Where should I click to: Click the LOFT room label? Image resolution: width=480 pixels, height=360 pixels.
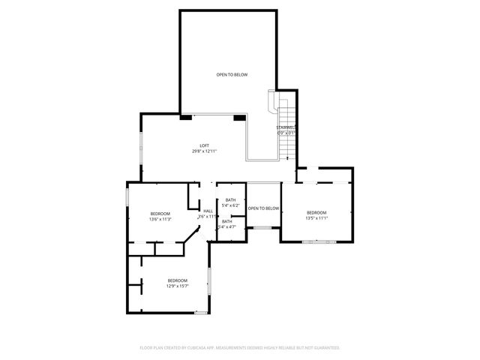point(204,145)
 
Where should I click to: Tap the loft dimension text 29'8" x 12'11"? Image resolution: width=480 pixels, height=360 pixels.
point(204,151)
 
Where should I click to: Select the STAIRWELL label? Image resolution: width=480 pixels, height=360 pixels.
point(286,127)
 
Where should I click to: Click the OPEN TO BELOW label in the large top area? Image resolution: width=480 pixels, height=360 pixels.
point(232,75)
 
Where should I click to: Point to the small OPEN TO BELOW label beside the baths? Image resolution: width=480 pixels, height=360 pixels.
point(263,208)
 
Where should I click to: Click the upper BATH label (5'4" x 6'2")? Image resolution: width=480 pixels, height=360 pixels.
point(230,199)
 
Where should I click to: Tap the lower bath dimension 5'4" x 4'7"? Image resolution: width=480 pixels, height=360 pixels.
point(227,226)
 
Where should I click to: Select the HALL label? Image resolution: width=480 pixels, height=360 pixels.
point(208,211)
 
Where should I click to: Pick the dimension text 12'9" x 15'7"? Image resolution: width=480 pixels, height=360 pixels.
point(177,286)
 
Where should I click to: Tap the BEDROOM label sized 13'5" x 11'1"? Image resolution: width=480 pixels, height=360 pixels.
point(316,213)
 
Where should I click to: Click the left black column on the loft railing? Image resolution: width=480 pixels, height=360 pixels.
point(185,117)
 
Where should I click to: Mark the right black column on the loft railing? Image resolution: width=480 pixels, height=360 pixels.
point(239,117)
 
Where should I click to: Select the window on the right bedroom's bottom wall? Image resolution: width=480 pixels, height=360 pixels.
point(319,241)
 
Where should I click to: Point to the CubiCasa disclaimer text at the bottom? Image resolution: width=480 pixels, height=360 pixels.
point(240,348)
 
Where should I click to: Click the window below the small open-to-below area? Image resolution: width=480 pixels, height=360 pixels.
point(262,227)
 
